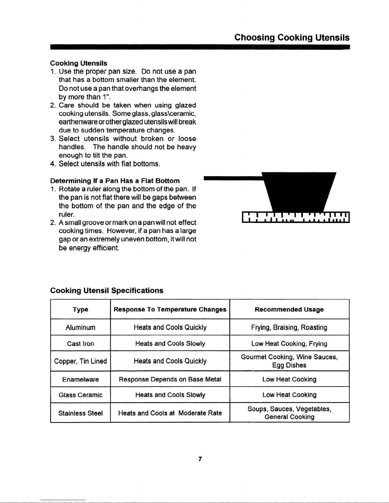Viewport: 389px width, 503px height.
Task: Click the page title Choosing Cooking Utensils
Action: point(292,38)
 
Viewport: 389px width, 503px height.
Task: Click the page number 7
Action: point(200,459)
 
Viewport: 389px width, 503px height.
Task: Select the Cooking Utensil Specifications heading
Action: point(107,290)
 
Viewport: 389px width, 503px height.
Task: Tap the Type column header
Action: point(80,309)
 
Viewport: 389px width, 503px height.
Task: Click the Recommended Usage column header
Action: point(289,309)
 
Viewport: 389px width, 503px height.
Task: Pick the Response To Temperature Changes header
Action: point(170,309)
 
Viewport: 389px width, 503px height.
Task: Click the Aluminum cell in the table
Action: point(80,328)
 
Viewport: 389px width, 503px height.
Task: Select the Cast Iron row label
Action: point(80,344)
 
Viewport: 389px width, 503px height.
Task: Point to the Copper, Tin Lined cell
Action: point(80,361)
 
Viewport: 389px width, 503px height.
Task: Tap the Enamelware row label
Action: point(80,380)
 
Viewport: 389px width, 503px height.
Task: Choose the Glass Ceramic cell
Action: point(80,395)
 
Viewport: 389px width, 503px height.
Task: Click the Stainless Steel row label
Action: point(80,413)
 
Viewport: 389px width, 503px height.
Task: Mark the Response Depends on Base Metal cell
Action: point(170,380)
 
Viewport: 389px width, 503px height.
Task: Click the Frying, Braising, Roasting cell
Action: point(289,328)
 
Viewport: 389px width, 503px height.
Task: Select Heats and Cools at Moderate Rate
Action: point(170,413)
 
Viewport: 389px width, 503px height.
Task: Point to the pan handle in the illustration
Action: point(233,178)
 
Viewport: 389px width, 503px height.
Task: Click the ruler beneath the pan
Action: point(295,217)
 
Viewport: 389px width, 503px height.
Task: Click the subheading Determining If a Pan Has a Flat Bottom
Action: point(115,181)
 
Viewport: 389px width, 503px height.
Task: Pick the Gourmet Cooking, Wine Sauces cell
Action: point(289,361)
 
